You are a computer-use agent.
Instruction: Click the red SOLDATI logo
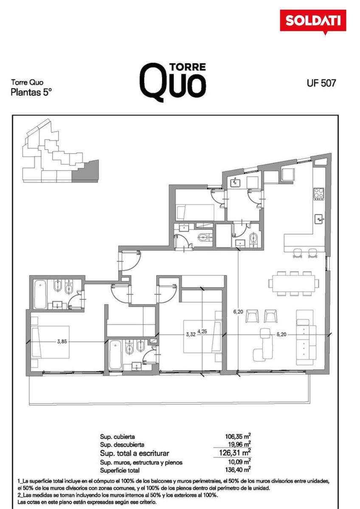pos(313,22)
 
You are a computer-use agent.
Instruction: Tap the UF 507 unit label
pos(321,83)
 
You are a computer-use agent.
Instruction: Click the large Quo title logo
pos(173,82)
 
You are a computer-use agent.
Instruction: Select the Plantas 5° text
pos(31,92)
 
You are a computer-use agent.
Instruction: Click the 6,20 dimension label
pos(238,312)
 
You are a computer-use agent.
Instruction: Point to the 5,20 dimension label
pos(281,334)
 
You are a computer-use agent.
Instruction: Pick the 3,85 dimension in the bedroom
pos(62,341)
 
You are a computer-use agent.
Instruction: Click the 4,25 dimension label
pos(202,331)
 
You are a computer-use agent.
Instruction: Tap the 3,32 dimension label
pos(191,334)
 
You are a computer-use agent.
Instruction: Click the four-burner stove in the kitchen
pos(319,194)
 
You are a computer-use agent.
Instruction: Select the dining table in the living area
pos(294,284)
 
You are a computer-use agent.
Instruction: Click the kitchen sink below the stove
pos(319,219)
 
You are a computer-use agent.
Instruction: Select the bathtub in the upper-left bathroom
pos(40,294)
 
